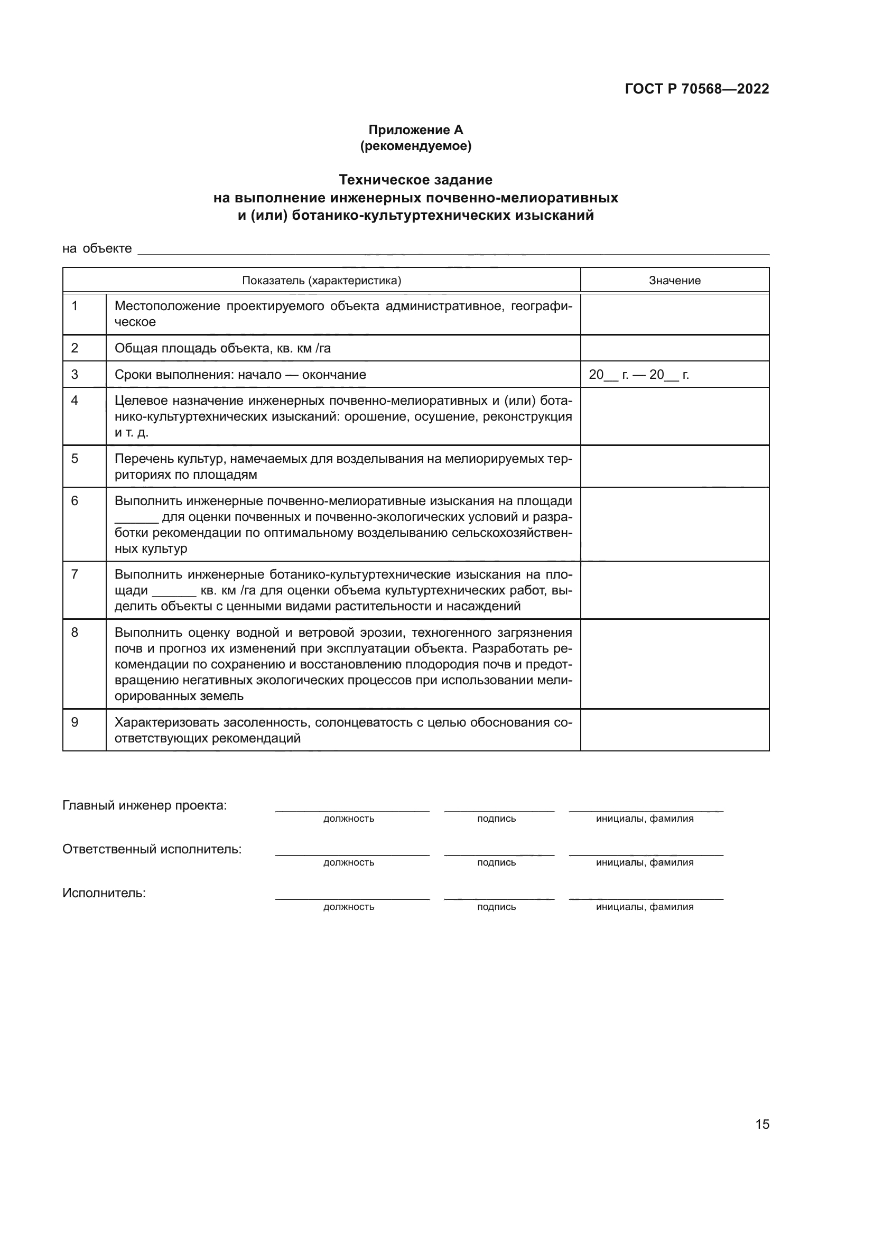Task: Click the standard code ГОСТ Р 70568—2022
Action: tap(696, 89)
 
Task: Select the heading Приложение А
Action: tap(415, 130)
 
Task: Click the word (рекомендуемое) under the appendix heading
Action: tap(415, 146)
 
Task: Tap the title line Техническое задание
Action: tap(415, 179)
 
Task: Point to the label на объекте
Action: tap(97, 249)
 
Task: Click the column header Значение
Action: tap(674, 281)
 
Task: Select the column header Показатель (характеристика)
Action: tap(321, 281)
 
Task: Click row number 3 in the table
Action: tap(75, 374)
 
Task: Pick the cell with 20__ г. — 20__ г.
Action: tap(638, 375)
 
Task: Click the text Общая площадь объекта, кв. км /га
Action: tap(222, 348)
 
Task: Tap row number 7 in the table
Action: tap(75, 574)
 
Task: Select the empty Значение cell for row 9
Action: tap(674, 730)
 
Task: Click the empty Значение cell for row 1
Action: tap(674, 314)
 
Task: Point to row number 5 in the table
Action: tap(75, 459)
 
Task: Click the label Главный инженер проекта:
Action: tap(145, 805)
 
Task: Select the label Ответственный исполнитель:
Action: tap(152, 850)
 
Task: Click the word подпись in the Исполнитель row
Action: tap(496, 907)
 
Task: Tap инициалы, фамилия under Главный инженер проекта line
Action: tap(644, 819)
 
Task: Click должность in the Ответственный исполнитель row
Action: tap(349, 863)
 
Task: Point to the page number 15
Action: tap(762, 1124)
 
